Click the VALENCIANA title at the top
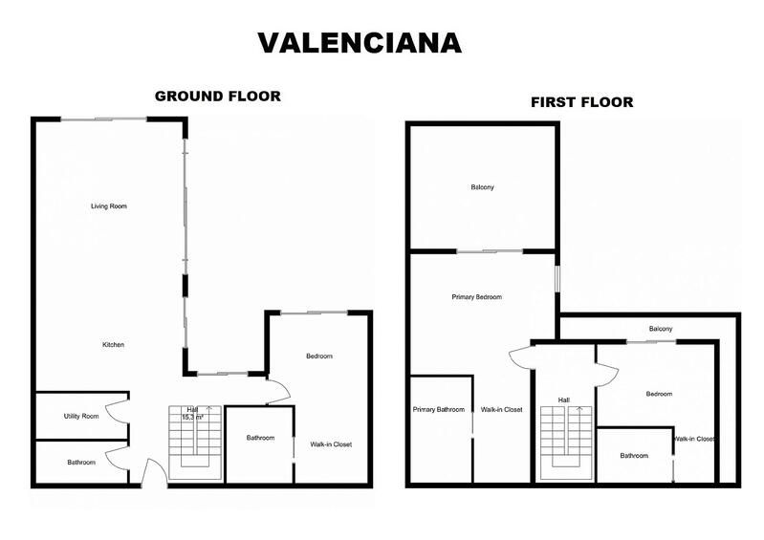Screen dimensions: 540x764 (x=360, y=42)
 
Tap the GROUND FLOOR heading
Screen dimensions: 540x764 (x=217, y=96)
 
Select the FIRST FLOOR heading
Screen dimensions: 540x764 (x=582, y=101)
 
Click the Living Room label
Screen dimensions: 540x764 (x=109, y=206)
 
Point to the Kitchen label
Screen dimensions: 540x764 (x=115, y=344)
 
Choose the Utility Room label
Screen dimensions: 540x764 (x=81, y=417)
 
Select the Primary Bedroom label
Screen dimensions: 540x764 (x=476, y=297)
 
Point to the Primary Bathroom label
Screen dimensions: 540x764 (x=439, y=410)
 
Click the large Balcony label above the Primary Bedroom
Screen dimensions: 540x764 (x=482, y=187)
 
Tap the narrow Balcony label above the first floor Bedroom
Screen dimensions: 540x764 (x=661, y=329)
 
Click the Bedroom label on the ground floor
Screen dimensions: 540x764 (x=318, y=356)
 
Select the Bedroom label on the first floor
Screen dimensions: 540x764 (x=659, y=394)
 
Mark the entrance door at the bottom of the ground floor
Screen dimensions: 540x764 (x=151, y=474)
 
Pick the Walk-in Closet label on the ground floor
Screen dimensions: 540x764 (x=331, y=443)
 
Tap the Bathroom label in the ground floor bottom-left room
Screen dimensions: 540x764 (x=81, y=463)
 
